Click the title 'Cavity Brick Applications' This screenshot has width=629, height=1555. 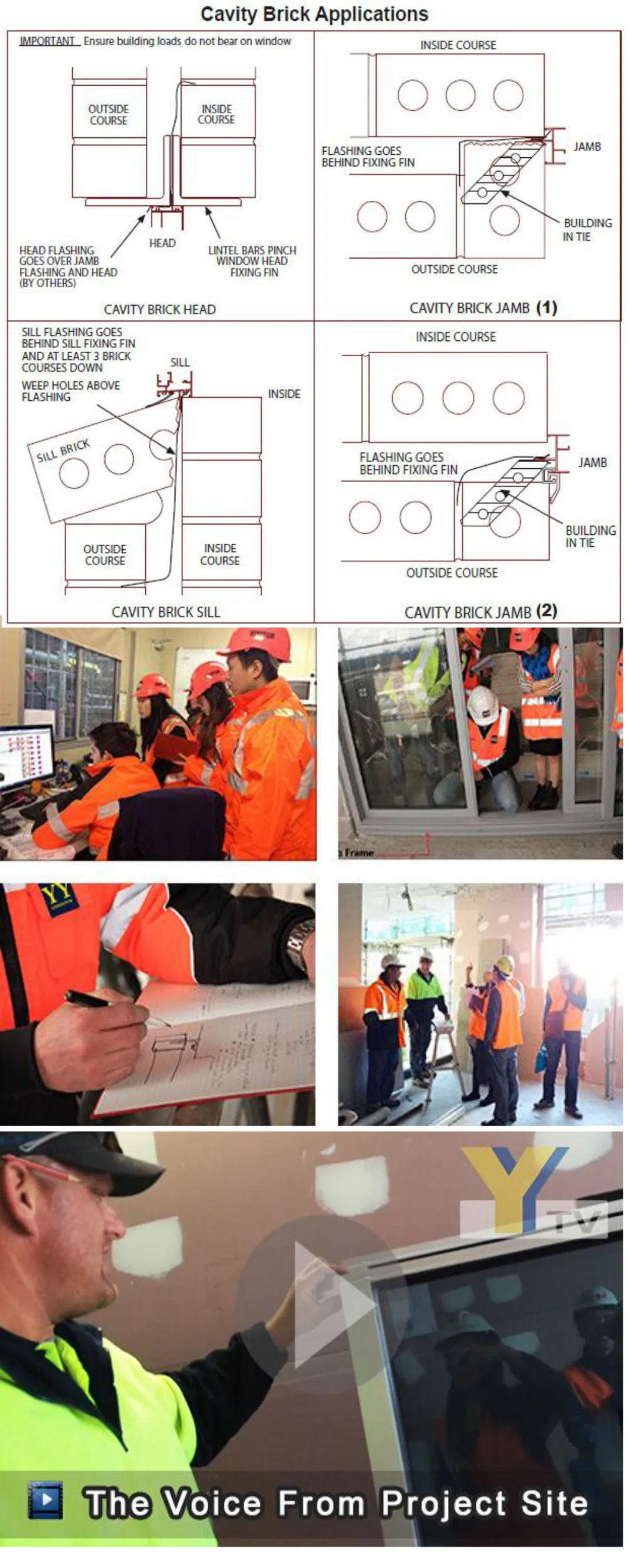pos(314,14)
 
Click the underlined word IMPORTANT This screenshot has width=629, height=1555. pos(47,42)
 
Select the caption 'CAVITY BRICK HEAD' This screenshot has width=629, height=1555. pos(160,309)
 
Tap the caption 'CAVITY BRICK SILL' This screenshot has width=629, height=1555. pos(165,612)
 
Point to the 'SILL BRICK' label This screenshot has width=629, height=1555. pos(63,451)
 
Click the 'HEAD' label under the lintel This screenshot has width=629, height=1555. pos(162,243)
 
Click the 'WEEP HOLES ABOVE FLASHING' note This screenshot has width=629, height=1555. pos(70,391)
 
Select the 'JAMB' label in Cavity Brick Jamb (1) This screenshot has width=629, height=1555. pos(587,147)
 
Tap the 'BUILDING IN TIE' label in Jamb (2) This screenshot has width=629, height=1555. pos(590,536)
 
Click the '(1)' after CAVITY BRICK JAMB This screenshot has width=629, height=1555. pos(547,308)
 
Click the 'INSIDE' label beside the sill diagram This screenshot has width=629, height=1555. pos(284,394)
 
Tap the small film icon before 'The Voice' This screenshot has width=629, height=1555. pos(45,1501)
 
